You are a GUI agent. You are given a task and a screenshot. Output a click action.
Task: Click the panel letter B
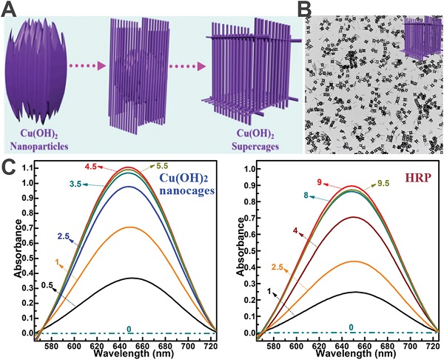pyautogui.click(x=312, y=9)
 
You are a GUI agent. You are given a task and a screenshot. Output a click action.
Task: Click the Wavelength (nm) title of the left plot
pyautogui.click(x=122, y=353)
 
